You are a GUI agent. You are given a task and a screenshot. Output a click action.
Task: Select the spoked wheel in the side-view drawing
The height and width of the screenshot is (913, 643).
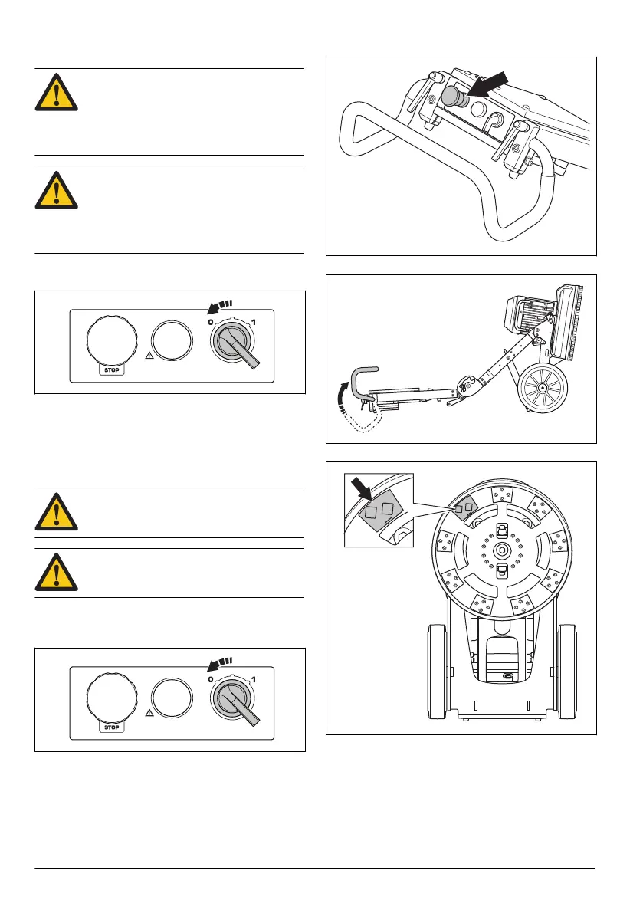click(x=542, y=389)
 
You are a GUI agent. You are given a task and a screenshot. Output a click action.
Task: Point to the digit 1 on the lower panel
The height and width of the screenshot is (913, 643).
click(x=254, y=680)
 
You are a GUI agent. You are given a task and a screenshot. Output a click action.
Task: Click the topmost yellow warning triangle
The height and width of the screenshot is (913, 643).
click(x=56, y=92)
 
